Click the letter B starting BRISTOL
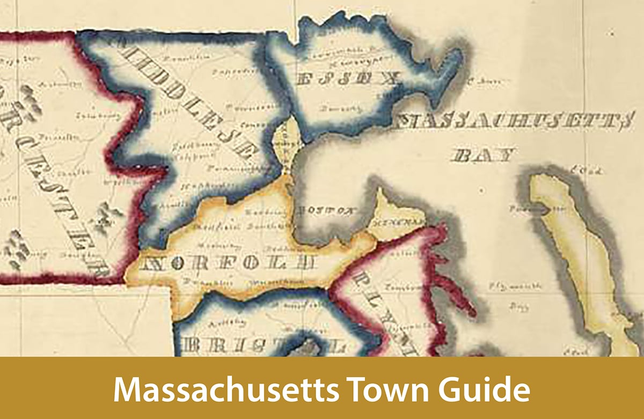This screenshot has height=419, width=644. click(191, 346)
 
